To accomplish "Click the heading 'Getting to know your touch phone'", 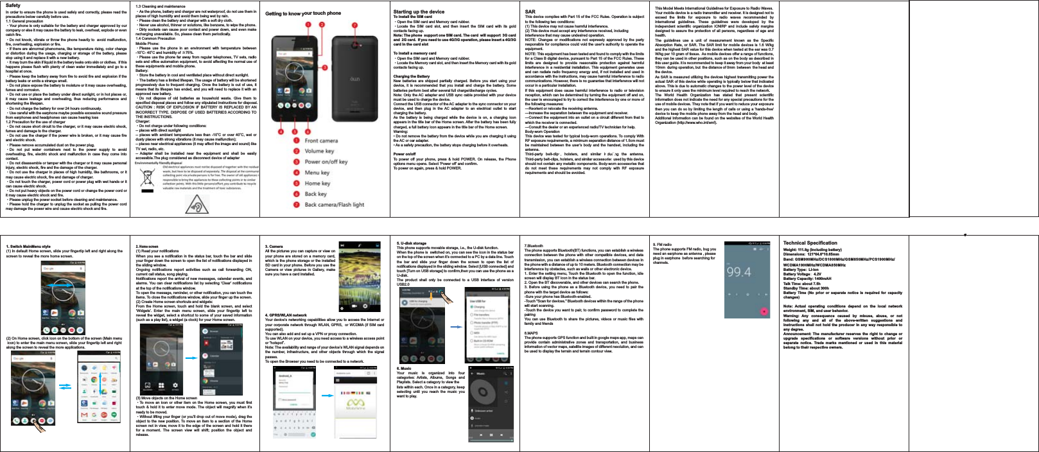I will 303,13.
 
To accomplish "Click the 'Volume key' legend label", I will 319,151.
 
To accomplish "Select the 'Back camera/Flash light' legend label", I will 334,205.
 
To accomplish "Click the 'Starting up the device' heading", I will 419,12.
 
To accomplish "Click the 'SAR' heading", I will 530,12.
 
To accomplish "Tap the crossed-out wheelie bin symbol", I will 148,177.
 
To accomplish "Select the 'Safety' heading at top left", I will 13,5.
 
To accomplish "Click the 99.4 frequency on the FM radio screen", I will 738,272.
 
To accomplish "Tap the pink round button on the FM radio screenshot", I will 764,311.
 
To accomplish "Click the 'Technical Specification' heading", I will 810,243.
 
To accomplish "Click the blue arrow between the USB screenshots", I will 455,326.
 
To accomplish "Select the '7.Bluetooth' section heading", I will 534,246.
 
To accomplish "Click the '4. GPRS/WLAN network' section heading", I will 286,315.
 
